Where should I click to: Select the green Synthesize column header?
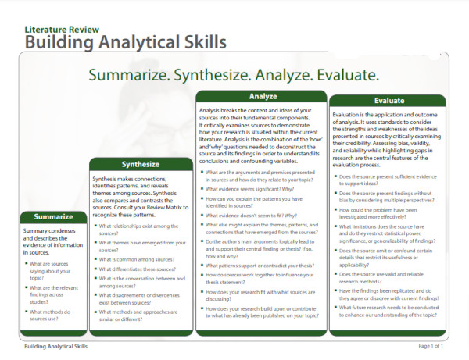click(x=141, y=165)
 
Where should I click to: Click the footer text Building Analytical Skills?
click(x=56, y=345)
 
